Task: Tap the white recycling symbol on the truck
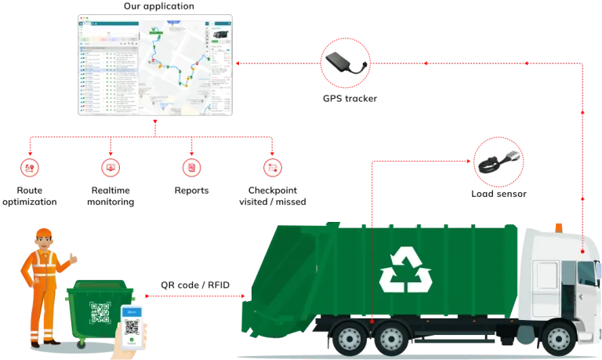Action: click(405, 270)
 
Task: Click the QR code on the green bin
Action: click(100, 312)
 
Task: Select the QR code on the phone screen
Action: click(132, 327)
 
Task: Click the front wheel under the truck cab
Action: click(557, 338)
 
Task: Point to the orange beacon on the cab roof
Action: click(558, 226)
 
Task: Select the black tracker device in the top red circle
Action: click(345, 60)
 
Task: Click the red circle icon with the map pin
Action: click(29, 166)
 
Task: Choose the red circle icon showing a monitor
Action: click(110, 166)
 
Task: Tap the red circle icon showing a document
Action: click(190, 166)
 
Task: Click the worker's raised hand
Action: click(74, 256)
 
